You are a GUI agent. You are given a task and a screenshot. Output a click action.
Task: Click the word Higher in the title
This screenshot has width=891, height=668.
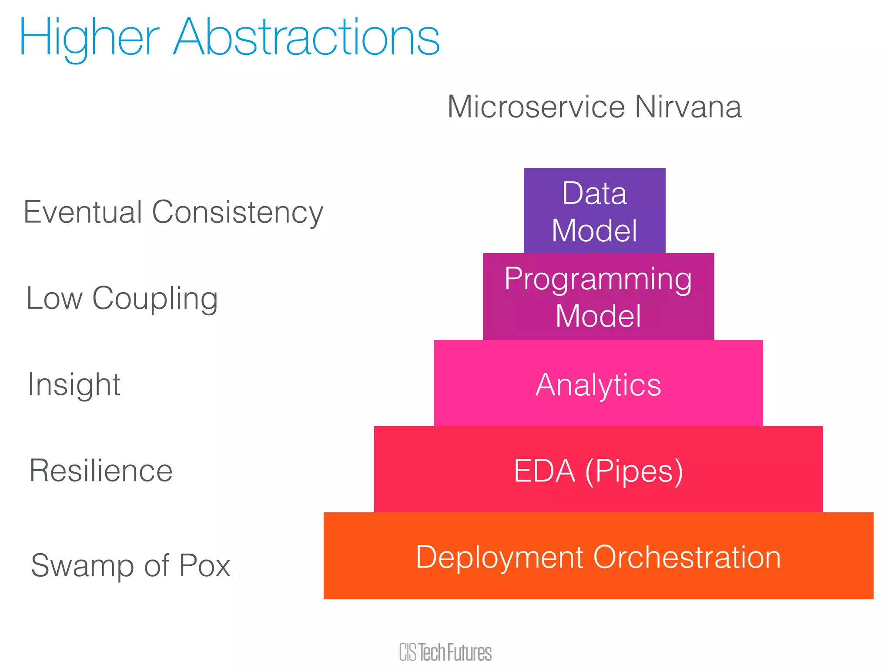pyautogui.click(x=89, y=38)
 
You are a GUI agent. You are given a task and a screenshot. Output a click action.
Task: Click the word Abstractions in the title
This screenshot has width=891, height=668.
pyautogui.click(x=306, y=38)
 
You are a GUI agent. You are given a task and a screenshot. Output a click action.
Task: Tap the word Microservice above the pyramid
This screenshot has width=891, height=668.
pyautogui.click(x=536, y=107)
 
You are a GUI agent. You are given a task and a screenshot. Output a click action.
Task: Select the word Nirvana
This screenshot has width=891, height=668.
pyautogui.click(x=688, y=107)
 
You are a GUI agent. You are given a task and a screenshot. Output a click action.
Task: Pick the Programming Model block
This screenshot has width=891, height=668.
pyautogui.click(x=598, y=297)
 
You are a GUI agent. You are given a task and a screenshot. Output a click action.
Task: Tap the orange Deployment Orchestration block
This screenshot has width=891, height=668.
pyautogui.click(x=598, y=557)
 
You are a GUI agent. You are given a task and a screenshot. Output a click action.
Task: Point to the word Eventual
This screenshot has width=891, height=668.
pyautogui.click(x=83, y=212)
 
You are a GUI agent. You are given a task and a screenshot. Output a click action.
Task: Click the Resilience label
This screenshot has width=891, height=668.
pyautogui.click(x=101, y=471)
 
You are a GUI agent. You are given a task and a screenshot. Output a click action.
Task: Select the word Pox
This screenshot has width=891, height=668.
pyautogui.click(x=204, y=565)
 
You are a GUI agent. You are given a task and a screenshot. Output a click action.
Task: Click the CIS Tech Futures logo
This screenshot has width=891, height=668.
pyautogui.click(x=445, y=652)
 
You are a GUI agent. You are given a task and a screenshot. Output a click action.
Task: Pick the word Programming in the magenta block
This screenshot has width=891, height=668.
pyautogui.click(x=598, y=279)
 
